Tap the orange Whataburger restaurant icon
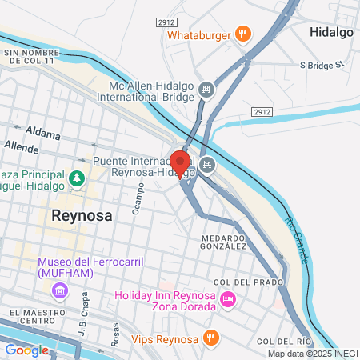click(x=244, y=34)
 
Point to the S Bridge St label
click(x=321, y=64)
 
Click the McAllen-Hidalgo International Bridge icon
click(x=207, y=89)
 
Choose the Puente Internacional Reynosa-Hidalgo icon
click(x=207, y=166)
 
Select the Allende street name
click(x=22, y=146)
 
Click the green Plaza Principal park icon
click(x=78, y=179)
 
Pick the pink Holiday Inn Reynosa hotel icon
click(x=227, y=299)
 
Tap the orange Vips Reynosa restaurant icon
click(x=210, y=336)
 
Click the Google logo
click(x=26, y=350)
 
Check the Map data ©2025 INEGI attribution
click(x=311, y=354)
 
